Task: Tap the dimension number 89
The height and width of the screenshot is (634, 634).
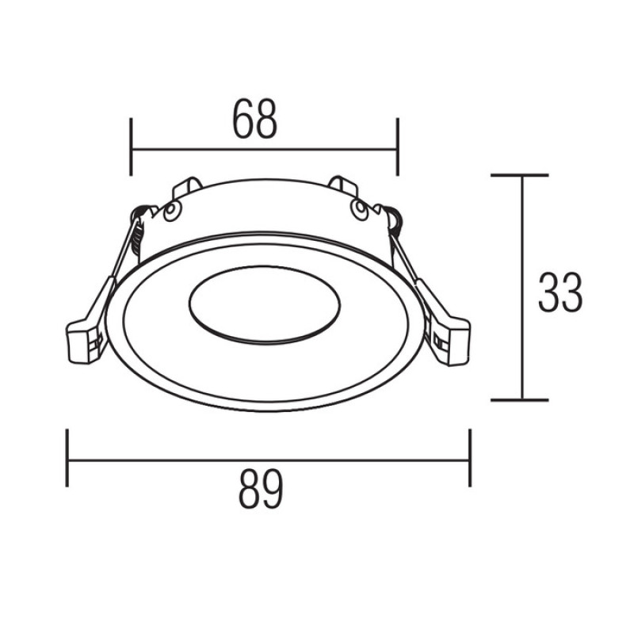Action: point(261,489)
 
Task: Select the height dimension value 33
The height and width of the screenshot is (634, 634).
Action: point(560,292)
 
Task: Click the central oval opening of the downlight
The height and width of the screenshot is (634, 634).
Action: point(265,305)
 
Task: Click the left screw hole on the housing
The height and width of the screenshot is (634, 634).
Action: point(172,210)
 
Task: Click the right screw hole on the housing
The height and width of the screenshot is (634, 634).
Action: point(359,209)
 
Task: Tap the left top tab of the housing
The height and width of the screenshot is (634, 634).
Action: point(187,188)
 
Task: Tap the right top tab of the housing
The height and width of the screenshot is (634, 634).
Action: point(343,187)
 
